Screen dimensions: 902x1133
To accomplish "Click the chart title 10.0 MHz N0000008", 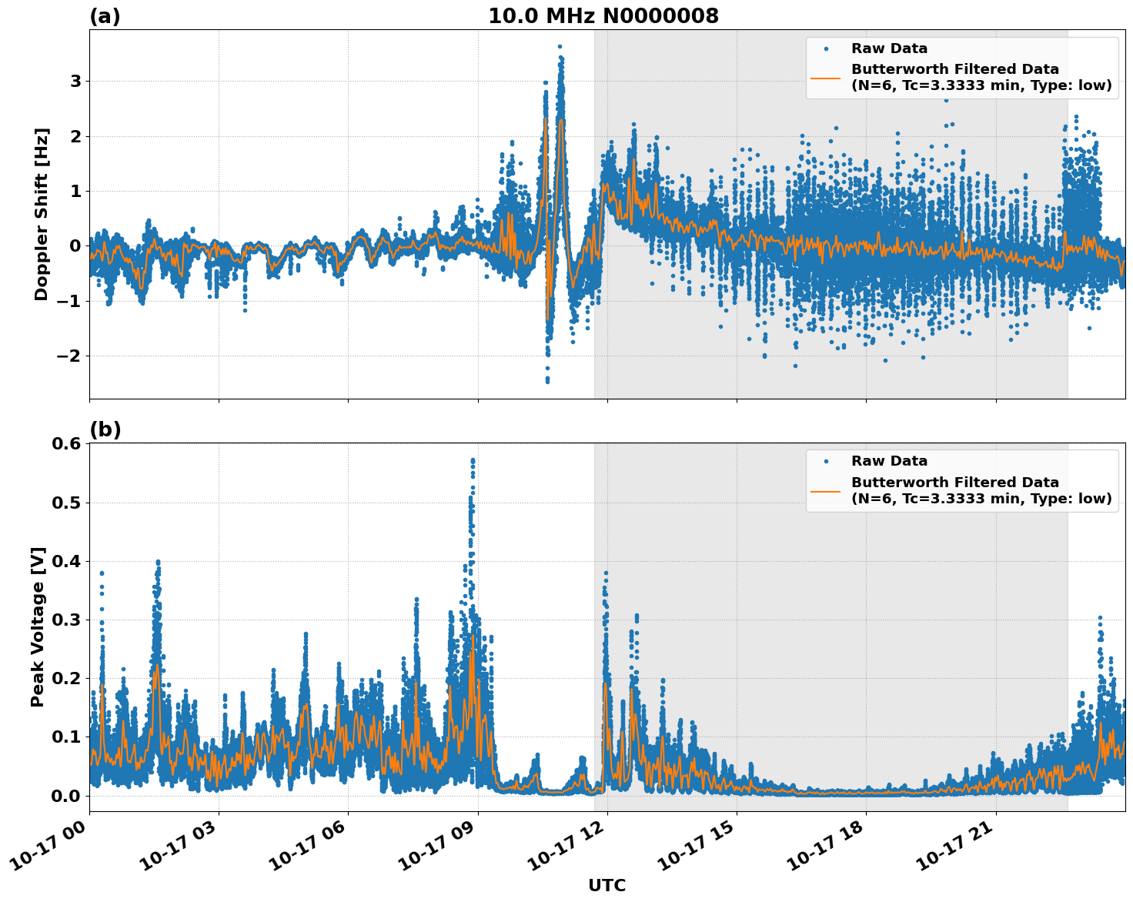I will [x=603, y=16].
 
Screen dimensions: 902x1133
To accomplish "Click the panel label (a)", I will [x=105, y=16].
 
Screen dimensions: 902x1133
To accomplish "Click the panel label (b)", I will [x=105, y=429].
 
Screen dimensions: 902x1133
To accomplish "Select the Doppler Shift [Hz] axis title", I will [x=42, y=214].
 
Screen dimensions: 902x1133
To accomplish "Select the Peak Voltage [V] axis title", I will [x=38, y=626].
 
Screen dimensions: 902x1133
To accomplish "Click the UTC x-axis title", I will [x=607, y=885].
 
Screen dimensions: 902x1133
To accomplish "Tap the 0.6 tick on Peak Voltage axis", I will [x=66, y=444].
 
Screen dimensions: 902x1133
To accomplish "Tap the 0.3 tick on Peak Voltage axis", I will [x=66, y=620].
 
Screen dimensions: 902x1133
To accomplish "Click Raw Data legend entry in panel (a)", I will [x=889, y=48].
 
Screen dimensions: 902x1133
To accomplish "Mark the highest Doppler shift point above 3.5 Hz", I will [x=560, y=46].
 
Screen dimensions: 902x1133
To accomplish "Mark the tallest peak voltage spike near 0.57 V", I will [x=473, y=460].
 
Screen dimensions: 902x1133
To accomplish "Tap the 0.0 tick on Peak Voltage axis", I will [x=66, y=796].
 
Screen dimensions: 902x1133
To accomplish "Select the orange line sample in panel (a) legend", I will [x=826, y=78].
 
